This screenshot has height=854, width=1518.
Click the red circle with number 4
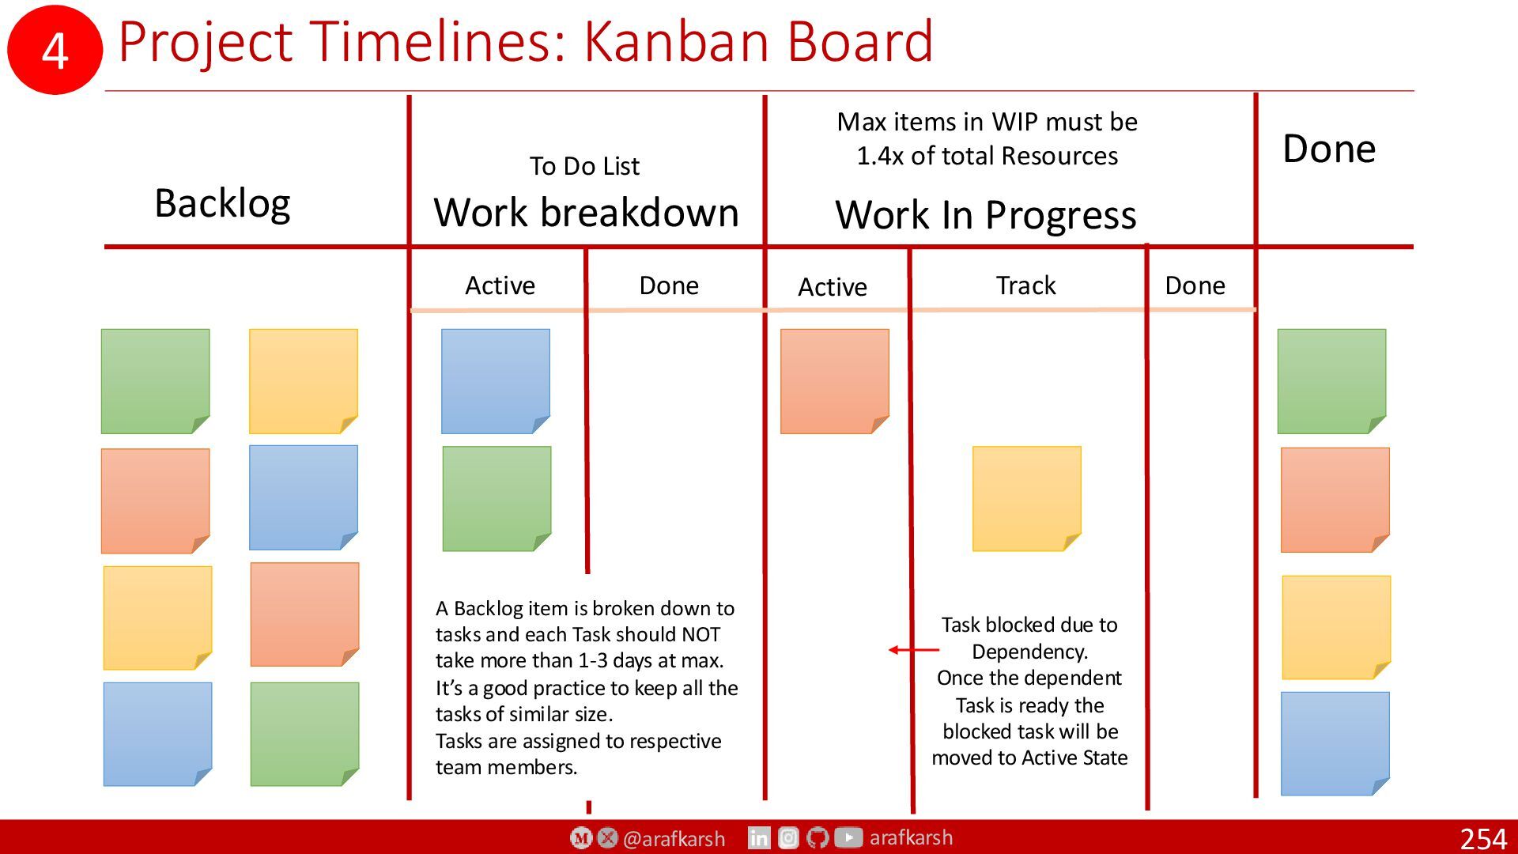click(55, 50)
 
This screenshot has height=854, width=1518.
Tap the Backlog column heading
click(222, 203)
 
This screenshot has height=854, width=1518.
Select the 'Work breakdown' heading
click(586, 213)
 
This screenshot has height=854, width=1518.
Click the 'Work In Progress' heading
click(986, 215)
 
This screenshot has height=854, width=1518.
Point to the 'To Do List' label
click(584, 166)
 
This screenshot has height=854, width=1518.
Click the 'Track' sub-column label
click(1025, 285)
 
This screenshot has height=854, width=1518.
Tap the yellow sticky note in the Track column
click(1026, 498)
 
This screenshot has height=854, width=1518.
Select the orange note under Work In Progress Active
click(834, 381)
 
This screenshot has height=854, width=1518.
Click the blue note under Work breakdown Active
click(495, 381)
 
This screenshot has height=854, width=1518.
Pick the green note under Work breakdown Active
click(497, 498)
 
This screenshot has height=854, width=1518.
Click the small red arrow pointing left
click(914, 650)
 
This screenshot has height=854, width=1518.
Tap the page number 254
click(1483, 838)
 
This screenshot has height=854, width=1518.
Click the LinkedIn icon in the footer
click(759, 837)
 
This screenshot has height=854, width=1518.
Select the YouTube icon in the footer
click(848, 837)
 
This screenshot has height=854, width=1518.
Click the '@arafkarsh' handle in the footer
click(674, 838)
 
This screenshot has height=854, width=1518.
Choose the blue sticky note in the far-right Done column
click(1335, 743)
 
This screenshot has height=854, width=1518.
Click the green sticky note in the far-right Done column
click(1331, 381)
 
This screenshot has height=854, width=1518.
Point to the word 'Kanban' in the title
click(678, 40)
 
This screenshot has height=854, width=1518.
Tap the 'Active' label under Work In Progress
click(832, 287)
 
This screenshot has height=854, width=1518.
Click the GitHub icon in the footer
click(818, 837)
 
